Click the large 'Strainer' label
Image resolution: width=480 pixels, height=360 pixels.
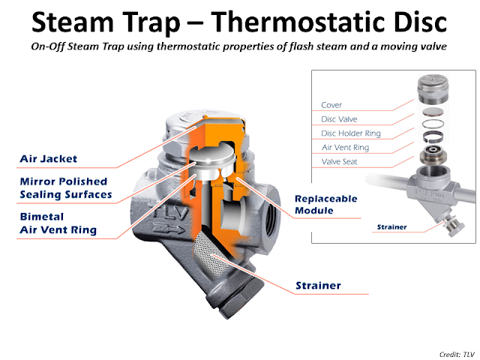coord(317,286)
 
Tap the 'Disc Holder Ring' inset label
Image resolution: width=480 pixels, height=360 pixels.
coord(351,133)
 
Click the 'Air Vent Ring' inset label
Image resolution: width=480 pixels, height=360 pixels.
coord(345,147)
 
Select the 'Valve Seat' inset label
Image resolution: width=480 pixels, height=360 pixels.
coord(341,161)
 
